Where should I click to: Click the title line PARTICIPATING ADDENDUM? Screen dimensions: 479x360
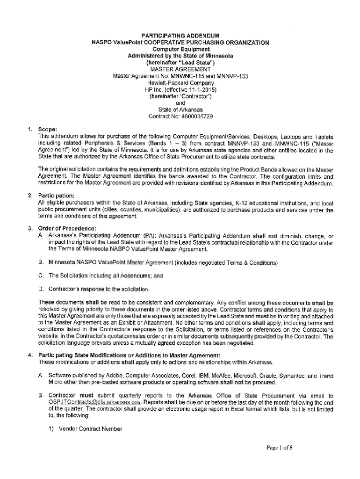click(180, 36)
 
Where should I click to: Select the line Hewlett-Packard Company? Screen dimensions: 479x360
click(180, 82)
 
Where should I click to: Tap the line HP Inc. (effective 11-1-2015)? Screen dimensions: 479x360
click(180, 89)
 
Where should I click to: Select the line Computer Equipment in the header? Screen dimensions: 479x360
click(180, 49)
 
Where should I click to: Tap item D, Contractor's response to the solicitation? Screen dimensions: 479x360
click(98, 289)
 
